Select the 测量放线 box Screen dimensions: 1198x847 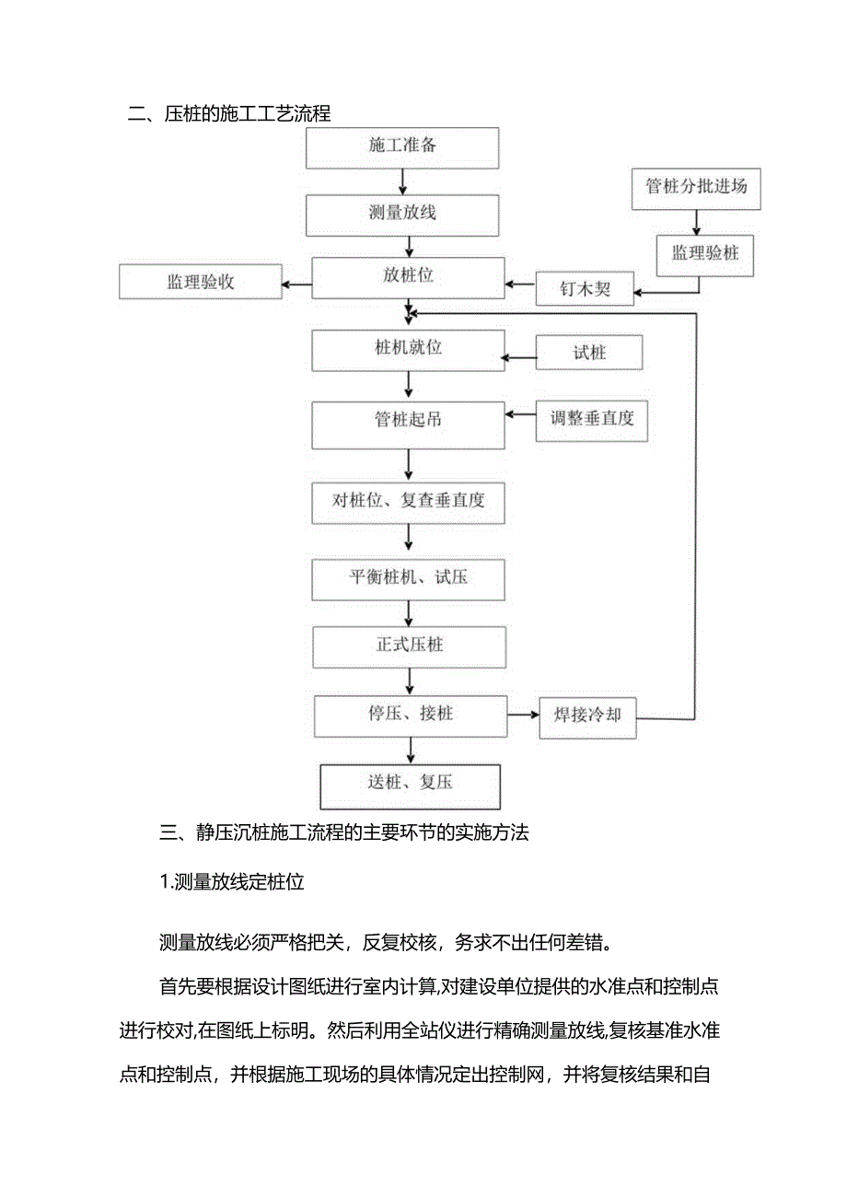pos(402,214)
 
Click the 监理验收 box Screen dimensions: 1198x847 pos(200,282)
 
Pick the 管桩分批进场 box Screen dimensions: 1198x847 pos(696,187)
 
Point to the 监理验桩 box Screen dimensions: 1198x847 pos(704,254)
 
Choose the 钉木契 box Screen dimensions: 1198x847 pos(586,289)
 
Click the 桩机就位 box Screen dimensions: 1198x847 pos(408,350)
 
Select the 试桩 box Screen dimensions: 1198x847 pos(589,354)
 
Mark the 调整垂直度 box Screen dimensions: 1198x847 pos(592,419)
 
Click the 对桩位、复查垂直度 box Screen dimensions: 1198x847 pos(408,502)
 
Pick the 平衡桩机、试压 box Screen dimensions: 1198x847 pos(408,579)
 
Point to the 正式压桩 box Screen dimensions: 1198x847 pos(409,646)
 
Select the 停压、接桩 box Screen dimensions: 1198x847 pos(411,715)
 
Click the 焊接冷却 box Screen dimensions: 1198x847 pos(587,715)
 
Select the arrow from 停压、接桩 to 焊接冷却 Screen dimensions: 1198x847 pos(523,714)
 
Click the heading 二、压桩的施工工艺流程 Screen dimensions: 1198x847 pos(229,114)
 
